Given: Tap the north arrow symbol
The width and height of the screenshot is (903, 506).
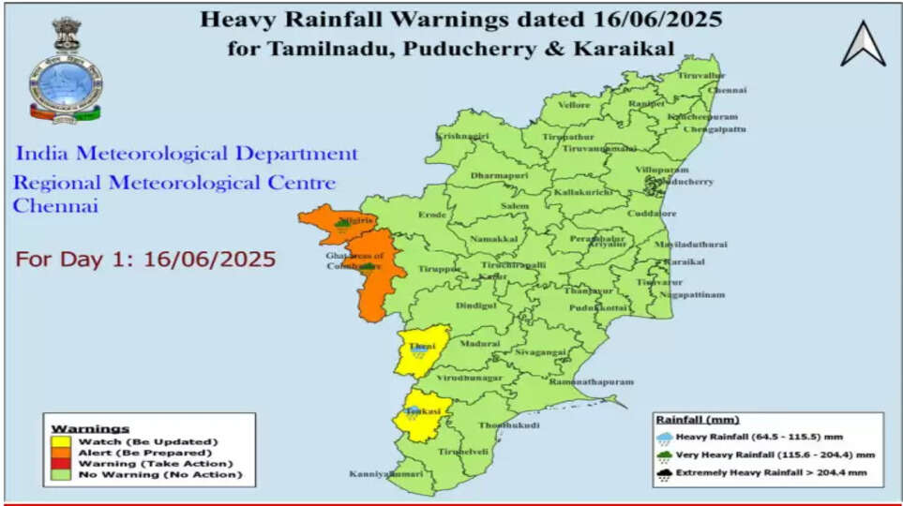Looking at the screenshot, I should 863,44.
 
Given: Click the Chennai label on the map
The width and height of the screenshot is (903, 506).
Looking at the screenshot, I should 728,90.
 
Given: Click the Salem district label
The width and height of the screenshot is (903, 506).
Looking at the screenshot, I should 515,205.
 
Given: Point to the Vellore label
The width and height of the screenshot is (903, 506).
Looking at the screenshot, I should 574,105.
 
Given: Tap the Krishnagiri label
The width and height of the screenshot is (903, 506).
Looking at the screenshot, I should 462,136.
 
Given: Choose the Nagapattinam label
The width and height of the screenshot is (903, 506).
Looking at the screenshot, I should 692,294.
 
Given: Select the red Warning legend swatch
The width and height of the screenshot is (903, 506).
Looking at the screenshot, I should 62,464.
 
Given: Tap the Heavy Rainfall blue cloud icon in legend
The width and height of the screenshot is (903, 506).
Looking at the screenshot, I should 665,436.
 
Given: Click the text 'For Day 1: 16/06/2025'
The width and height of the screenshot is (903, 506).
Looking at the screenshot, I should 145,259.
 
